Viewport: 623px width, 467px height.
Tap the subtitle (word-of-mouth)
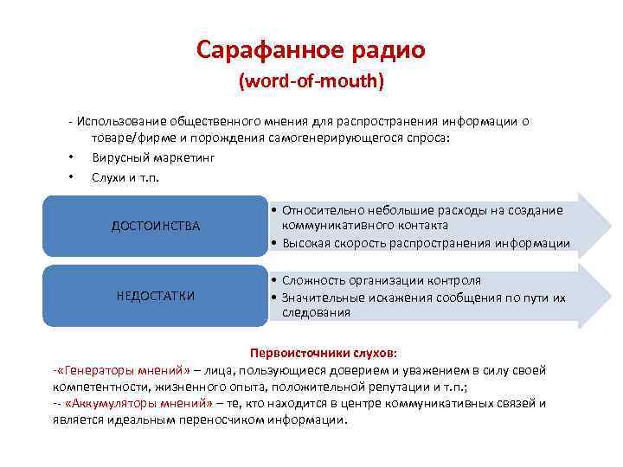[311, 84]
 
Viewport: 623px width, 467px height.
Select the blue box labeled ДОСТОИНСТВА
[155, 226]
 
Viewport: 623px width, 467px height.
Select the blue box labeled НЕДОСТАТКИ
[155, 296]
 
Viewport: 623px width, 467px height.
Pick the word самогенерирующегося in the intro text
[338, 138]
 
